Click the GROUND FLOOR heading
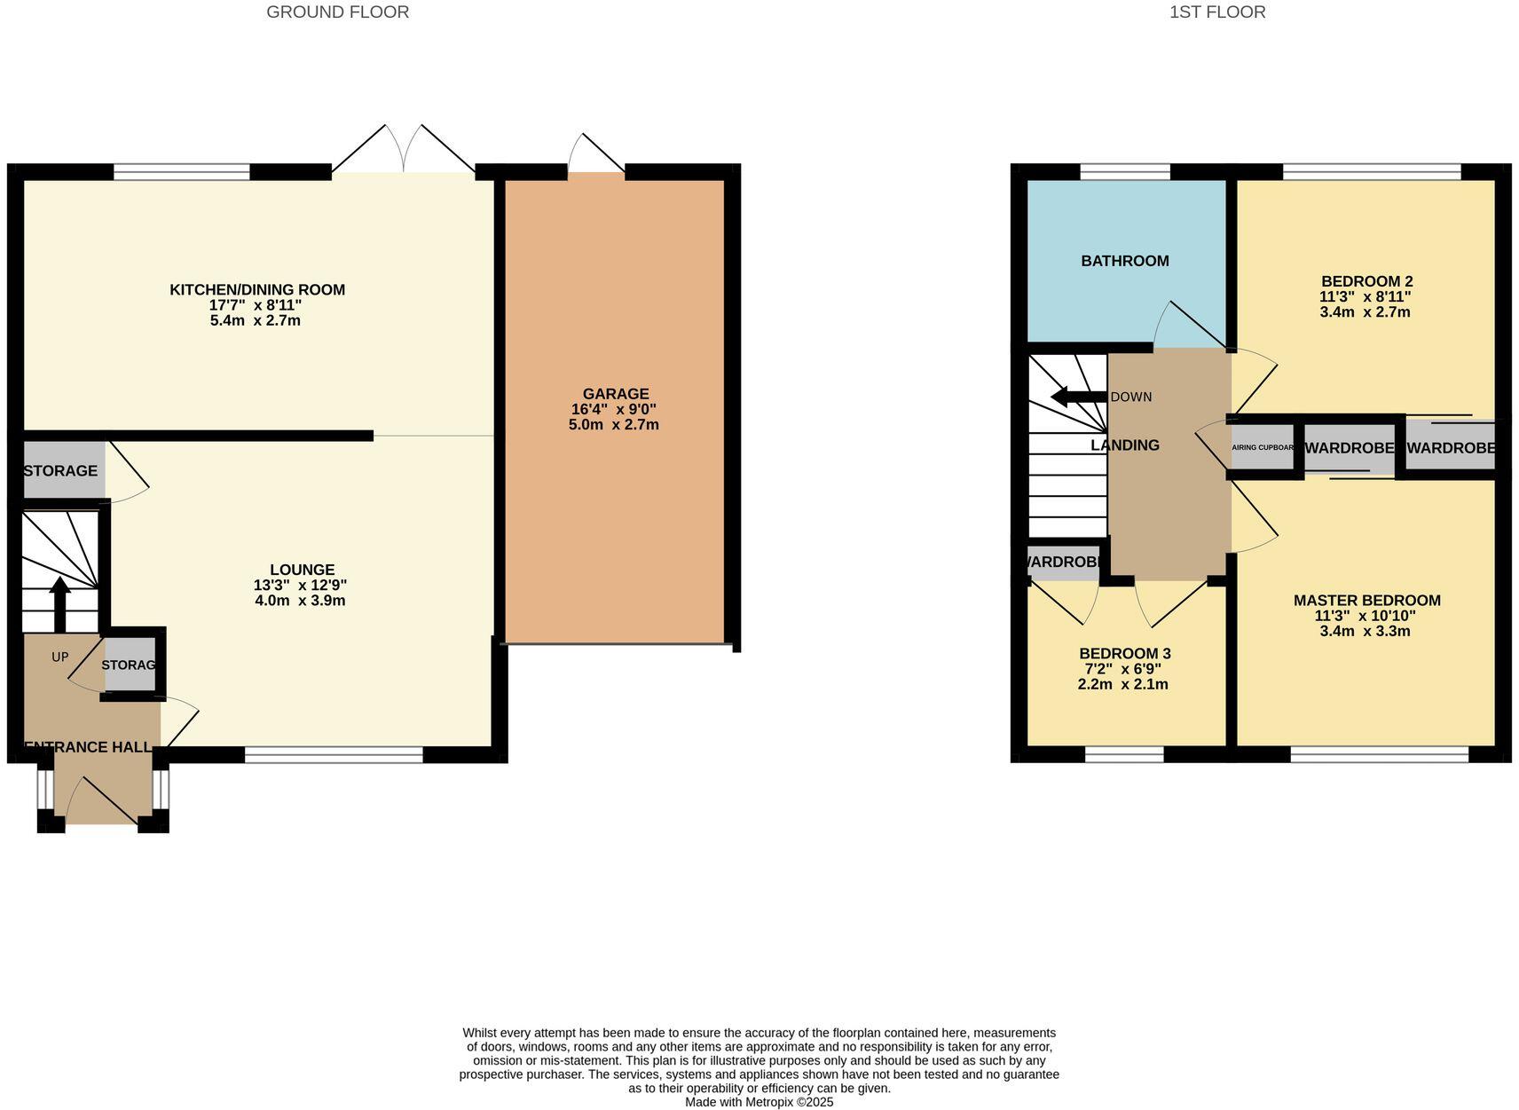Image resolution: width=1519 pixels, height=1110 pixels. coord(337,12)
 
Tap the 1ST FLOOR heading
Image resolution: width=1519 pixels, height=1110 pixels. coord(1216,12)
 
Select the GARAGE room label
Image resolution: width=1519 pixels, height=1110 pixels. coord(615,394)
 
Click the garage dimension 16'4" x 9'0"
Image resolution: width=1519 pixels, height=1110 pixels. coord(614,409)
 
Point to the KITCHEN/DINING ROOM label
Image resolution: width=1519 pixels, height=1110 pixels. coord(257,289)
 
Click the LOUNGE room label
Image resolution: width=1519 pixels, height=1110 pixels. coord(302,570)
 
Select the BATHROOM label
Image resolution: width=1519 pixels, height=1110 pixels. coord(1124,261)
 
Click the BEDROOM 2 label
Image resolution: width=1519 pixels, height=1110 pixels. coord(1366,281)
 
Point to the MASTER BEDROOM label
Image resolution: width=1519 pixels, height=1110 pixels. coord(1366,601)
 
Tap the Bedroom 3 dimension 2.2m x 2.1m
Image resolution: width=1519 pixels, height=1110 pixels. coord(1122,684)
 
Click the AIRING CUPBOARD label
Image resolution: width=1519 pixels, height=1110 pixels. coord(1263,448)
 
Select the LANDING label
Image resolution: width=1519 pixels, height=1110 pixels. coord(1124,445)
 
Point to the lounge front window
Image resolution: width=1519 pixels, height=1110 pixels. coord(334,755)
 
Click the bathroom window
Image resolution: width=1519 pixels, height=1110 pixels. coord(1124,172)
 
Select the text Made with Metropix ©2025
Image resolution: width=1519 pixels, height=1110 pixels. coord(759,1102)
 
